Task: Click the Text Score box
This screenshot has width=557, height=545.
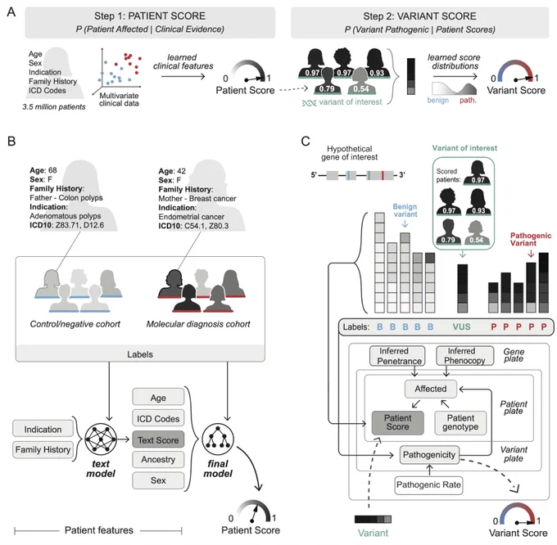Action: (158, 439)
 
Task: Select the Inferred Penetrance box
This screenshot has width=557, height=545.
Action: (397, 356)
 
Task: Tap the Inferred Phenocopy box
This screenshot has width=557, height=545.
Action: (464, 356)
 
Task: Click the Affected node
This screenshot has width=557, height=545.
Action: (431, 389)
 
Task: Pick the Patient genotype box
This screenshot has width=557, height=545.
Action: (460, 422)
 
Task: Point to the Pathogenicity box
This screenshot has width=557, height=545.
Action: (429, 455)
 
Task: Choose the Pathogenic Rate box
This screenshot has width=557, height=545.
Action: (428, 485)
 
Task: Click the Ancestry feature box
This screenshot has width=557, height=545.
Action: (158, 460)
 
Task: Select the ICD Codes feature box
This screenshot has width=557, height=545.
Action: (158, 419)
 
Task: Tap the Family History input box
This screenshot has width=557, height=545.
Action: (43, 450)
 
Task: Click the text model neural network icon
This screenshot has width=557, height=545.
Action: (101, 439)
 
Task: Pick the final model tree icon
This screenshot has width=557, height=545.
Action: (218, 439)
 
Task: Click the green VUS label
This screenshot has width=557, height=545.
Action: (461, 327)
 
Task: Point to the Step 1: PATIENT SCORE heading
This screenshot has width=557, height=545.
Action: (150, 16)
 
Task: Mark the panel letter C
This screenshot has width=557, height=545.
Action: (306, 142)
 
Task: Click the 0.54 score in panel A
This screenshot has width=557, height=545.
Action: (361, 88)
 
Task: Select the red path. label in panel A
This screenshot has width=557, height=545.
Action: (468, 101)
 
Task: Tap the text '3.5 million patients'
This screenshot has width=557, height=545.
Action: (54, 107)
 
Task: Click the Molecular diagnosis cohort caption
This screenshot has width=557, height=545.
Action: (198, 324)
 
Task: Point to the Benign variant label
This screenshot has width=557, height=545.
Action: (405, 210)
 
